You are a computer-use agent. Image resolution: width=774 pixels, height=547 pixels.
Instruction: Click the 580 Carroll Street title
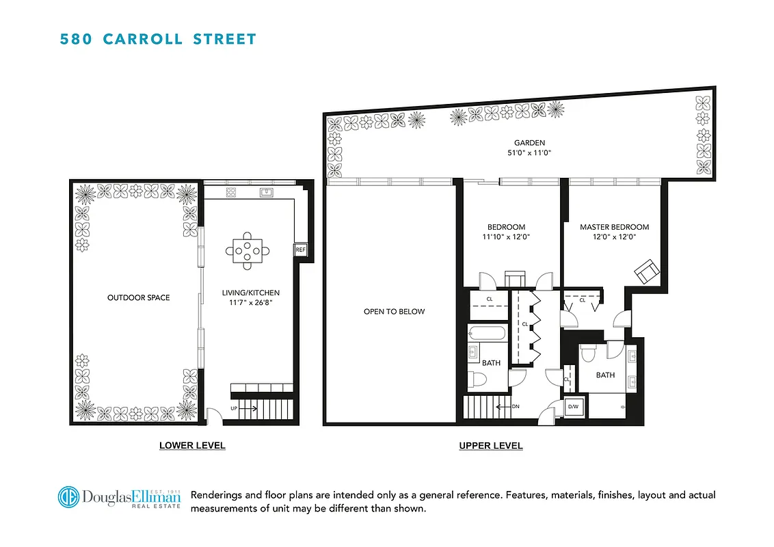(x=158, y=38)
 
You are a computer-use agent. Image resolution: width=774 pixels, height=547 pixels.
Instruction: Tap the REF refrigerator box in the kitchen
(x=300, y=250)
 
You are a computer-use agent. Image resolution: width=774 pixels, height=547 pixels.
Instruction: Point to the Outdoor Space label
(x=138, y=297)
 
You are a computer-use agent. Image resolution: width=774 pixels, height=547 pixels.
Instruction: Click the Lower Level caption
(x=192, y=445)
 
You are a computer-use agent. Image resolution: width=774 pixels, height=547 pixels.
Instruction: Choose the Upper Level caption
(x=490, y=446)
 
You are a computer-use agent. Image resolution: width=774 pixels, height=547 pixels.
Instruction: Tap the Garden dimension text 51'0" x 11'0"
(x=524, y=154)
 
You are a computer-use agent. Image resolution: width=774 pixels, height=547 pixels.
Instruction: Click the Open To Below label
(x=393, y=312)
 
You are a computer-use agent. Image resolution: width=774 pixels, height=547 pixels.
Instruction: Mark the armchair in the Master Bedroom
(x=646, y=272)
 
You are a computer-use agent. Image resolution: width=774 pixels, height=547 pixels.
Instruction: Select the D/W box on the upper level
(x=573, y=408)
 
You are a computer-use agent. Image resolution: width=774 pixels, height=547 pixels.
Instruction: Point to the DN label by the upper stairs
(x=516, y=406)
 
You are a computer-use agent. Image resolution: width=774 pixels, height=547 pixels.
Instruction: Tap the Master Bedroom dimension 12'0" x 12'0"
(x=613, y=238)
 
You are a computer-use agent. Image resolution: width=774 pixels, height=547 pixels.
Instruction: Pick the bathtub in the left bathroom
(x=487, y=336)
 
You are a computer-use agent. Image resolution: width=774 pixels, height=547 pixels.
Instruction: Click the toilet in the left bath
(x=479, y=379)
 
